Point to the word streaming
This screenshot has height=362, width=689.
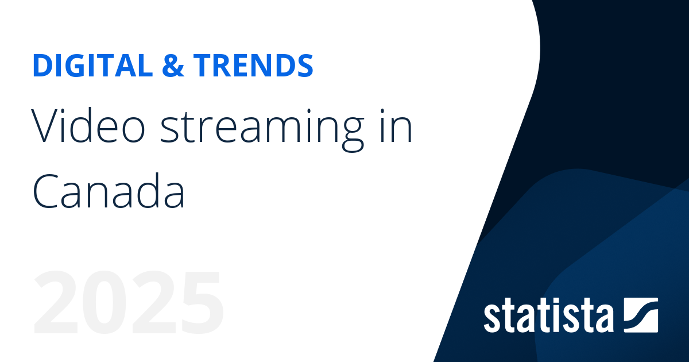(260, 129)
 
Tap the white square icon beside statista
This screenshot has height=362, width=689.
(640, 314)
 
